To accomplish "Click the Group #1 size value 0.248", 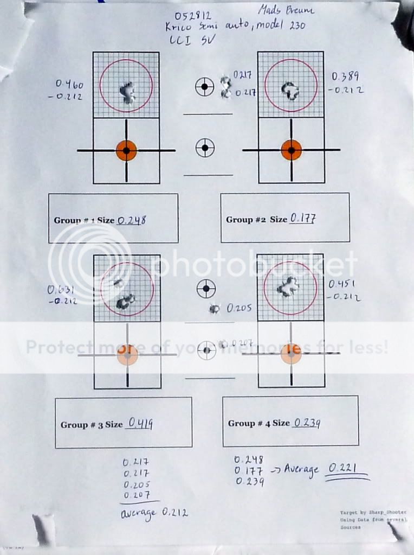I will (x=132, y=220).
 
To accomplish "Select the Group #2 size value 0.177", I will (x=303, y=219).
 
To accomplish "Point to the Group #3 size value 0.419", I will (x=139, y=424).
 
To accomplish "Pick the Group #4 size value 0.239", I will (x=306, y=423).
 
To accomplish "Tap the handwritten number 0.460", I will (x=69, y=84).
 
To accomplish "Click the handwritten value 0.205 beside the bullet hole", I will (x=240, y=308).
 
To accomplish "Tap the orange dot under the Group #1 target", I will (x=126, y=150).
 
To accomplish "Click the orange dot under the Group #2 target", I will (x=291, y=150).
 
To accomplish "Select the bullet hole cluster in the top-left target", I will (x=128, y=93).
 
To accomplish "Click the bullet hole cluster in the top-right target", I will (x=290, y=90).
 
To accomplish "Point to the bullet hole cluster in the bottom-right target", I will (x=287, y=287).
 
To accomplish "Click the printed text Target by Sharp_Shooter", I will (x=373, y=512).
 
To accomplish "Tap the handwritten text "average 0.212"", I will (x=154, y=513).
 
